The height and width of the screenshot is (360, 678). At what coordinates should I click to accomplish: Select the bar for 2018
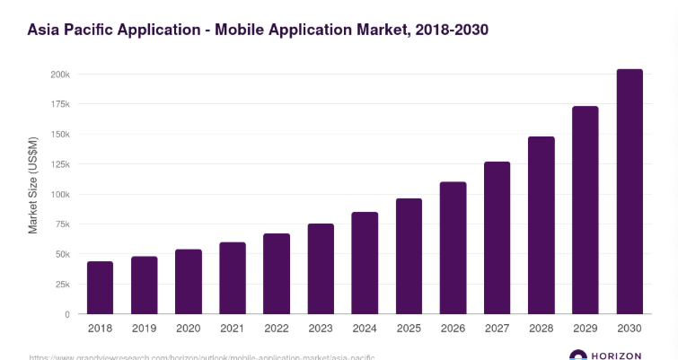(100, 287)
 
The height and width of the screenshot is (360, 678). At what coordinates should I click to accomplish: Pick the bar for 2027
(497, 238)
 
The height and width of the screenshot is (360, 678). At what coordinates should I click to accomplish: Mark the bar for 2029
(586, 210)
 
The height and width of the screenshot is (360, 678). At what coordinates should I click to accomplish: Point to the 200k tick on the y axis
(59, 75)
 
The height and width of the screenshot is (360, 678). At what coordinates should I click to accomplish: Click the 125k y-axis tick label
(59, 164)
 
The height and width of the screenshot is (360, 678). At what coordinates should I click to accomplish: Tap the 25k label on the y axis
(61, 285)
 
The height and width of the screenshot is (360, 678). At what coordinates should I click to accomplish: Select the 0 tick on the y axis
(66, 314)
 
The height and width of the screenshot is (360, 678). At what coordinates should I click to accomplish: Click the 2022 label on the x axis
(277, 329)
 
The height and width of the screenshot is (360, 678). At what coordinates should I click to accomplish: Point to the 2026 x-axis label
(453, 329)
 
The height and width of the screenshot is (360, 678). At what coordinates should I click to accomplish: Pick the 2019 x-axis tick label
(145, 329)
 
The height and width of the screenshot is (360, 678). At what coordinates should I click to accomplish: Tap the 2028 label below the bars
(541, 329)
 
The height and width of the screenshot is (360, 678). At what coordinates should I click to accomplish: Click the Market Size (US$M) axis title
(33, 186)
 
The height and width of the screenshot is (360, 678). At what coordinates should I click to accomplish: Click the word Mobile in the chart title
(243, 30)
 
